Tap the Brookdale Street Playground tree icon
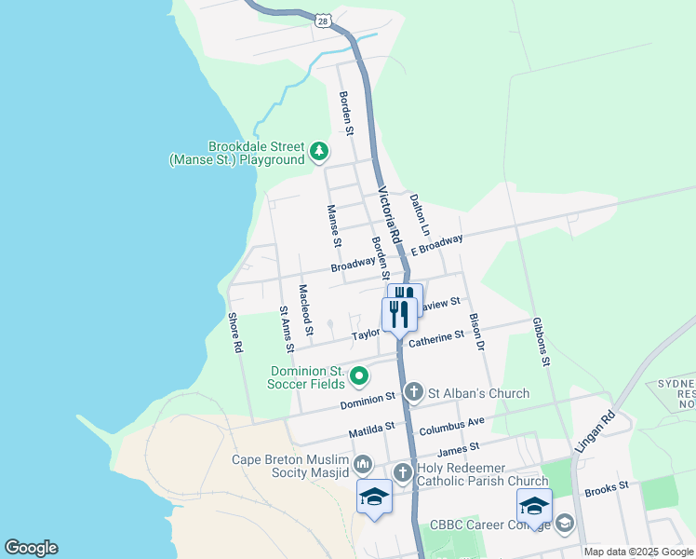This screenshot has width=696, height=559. point(319,151)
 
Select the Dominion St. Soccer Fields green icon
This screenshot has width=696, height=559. point(359,376)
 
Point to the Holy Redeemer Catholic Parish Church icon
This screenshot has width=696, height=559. point(403,472)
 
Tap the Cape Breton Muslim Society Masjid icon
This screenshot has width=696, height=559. point(363,464)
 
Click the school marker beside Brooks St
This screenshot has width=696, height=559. point(534,505)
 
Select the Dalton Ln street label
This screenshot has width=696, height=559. point(422,215)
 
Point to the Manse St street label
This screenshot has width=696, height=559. point(332,226)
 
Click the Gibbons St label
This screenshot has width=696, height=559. point(542,341)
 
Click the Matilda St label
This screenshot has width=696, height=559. point(372,428)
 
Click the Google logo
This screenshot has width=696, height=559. point(31,548)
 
